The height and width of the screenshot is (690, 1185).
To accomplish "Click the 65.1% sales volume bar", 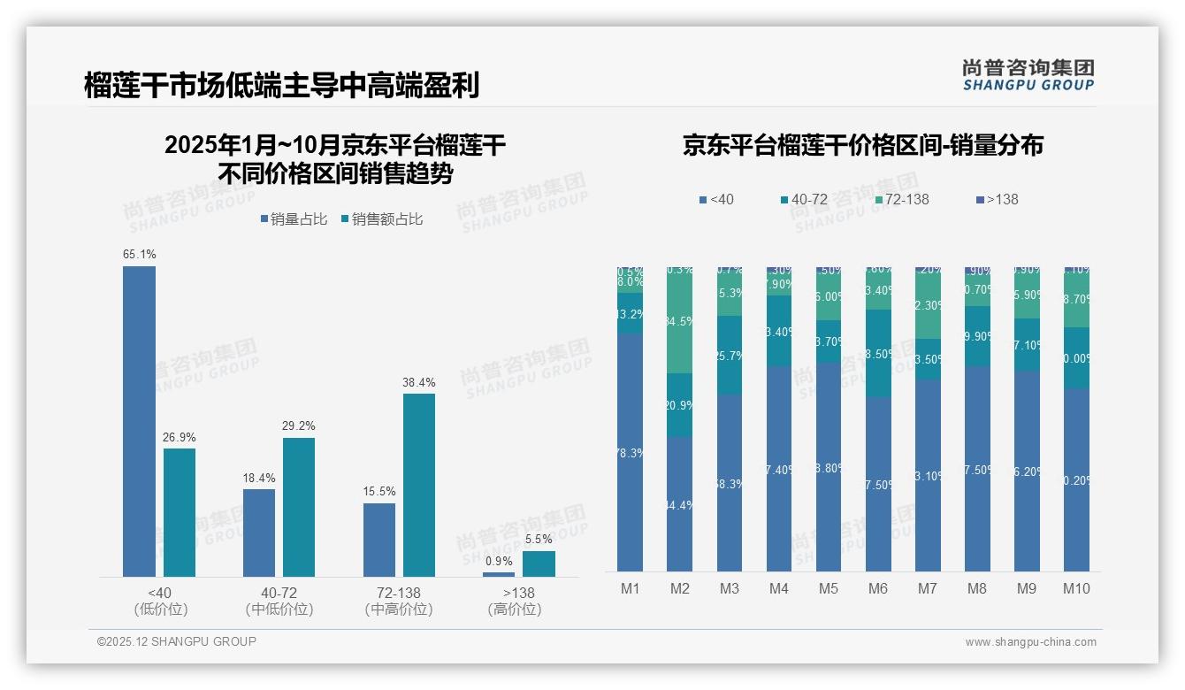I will click(139, 421).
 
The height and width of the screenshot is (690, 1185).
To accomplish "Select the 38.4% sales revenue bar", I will click(419, 485).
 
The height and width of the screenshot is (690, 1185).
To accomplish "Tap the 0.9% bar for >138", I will click(499, 574).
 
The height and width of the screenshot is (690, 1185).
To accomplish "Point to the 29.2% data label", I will click(298, 425).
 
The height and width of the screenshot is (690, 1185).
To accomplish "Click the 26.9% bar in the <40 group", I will click(180, 512).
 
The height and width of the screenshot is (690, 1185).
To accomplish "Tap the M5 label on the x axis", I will click(828, 588).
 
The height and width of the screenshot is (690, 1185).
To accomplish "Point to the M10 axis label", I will click(1076, 588).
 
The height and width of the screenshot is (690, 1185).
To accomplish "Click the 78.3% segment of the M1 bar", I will click(630, 452).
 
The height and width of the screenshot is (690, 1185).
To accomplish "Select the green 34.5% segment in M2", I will click(679, 320).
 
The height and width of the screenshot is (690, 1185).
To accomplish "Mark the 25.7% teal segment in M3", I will click(729, 355).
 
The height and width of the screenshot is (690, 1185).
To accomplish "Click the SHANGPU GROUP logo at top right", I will click(1028, 75).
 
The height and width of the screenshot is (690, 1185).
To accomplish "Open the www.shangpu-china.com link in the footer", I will click(1030, 642).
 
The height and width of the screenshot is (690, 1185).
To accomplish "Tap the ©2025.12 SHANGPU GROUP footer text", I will click(177, 641).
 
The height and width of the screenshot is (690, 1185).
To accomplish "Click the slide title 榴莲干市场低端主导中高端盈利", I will click(282, 86).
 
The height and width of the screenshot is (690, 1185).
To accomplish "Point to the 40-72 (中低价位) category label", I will click(279, 601).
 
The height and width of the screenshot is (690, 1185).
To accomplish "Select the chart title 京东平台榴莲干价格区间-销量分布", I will click(862, 146).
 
